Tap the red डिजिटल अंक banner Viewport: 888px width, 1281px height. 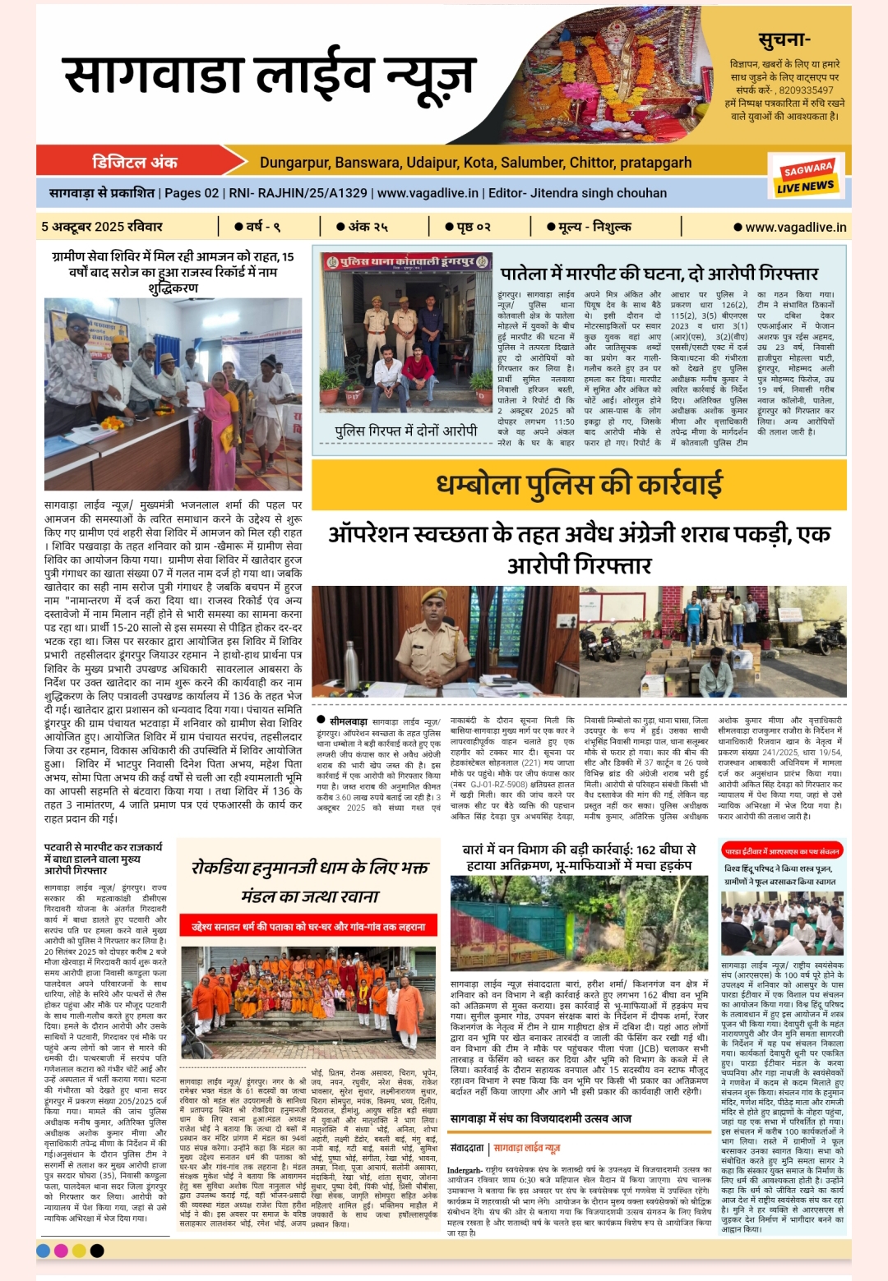tap(135, 162)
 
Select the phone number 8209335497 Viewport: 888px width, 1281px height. tap(806, 90)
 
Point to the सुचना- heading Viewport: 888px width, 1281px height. tap(784, 39)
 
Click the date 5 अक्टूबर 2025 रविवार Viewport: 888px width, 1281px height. tap(102, 227)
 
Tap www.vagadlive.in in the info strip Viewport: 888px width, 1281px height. tap(428, 193)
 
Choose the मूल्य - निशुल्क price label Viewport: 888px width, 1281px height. tap(590, 227)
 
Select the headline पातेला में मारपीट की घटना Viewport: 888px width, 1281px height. tap(659, 273)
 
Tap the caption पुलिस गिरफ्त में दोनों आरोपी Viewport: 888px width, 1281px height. tap(405, 431)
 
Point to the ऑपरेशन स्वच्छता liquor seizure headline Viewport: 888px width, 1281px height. tap(579, 549)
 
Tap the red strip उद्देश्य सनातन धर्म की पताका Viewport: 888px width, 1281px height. tap(308, 926)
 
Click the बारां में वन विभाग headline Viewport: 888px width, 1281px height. tap(579, 857)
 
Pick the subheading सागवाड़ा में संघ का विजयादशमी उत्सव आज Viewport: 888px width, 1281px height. tap(540, 1118)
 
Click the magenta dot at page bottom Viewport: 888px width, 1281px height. tap(61, 1251)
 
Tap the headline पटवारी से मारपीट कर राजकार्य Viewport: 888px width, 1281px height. tap(104, 858)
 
